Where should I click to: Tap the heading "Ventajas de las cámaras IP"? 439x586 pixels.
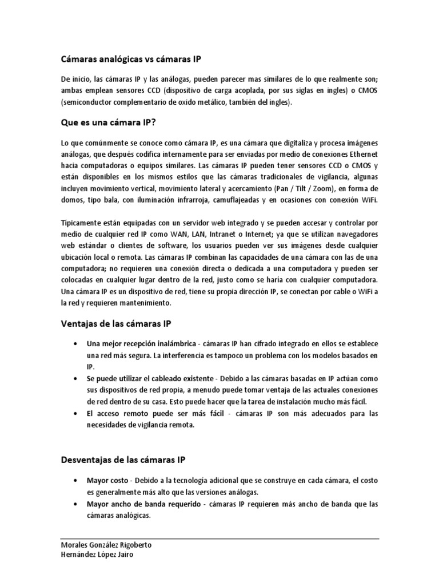pos(115,323)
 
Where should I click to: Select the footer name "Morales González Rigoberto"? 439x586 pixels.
pos(106,545)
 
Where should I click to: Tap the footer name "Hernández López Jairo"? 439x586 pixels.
pos(97,555)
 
